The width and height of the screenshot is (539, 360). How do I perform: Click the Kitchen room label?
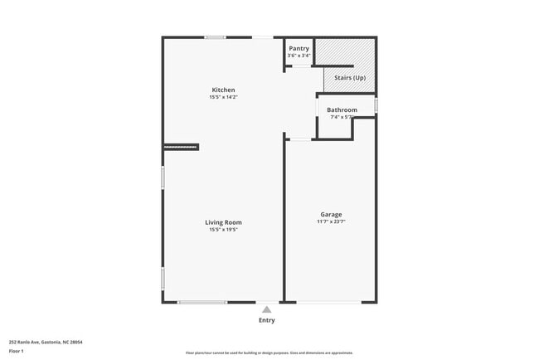point(223,90)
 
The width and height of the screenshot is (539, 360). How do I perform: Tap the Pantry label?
point(299,48)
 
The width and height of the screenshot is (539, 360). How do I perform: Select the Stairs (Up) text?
point(349,78)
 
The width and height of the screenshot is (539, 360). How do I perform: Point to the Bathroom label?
point(342,109)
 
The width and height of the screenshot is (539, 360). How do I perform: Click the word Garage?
point(331,214)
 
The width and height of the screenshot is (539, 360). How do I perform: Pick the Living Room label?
point(224,221)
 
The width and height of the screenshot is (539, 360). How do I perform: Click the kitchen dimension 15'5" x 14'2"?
point(223,98)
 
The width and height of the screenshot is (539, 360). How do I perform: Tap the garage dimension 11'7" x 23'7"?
point(331,221)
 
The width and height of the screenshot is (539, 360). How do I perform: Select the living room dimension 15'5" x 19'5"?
point(224,230)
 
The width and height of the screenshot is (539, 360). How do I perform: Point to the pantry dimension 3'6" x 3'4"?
point(299,56)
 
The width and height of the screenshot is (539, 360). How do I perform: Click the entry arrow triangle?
point(266,309)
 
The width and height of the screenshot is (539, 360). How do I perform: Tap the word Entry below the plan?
point(266,320)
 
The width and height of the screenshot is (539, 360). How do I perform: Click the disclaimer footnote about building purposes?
point(269,353)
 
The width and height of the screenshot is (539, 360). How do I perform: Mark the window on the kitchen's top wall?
point(216,36)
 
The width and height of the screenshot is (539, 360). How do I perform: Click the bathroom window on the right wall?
point(376,106)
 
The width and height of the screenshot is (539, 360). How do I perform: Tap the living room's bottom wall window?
point(203,302)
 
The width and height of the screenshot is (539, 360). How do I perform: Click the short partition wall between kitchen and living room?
point(182,147)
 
